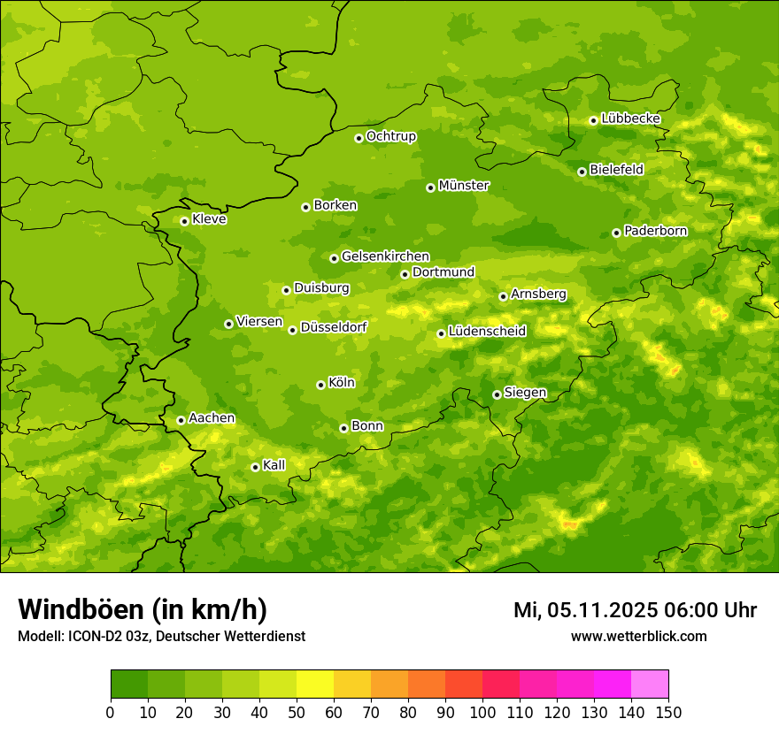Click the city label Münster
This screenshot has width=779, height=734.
click(x=464, y=186)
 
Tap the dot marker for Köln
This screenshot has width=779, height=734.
click(x=320, y=385)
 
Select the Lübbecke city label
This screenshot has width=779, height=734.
click(x=630, y=119)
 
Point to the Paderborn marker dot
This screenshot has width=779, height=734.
click(x=616, y=233)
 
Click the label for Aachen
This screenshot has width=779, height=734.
click(x=212, y=418)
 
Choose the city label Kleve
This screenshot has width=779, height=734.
click(x=209, y=219)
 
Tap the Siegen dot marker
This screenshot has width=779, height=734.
click(x=497, y=394)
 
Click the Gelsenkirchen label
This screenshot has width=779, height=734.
click(x=385, y=256)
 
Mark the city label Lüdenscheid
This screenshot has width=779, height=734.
click(x=487, y=332)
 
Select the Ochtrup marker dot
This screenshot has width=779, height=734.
click(x=359, y=138)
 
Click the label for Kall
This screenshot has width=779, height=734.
click(x=274, y=465)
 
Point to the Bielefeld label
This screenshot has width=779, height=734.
click(x=616, y=170)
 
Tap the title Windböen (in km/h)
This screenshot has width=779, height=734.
click(x=142, y=609)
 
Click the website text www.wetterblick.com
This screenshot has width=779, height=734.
click(x=638, y=636)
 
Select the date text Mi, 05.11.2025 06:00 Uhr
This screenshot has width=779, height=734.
click(x=635, y=610)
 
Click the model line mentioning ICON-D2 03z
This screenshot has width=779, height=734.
click(x=161, y=637)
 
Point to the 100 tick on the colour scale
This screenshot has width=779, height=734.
click(x=482, y=712)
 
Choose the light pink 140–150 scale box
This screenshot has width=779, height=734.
click(x=650, y=684)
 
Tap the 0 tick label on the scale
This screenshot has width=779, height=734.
click(x=111, y=712)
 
